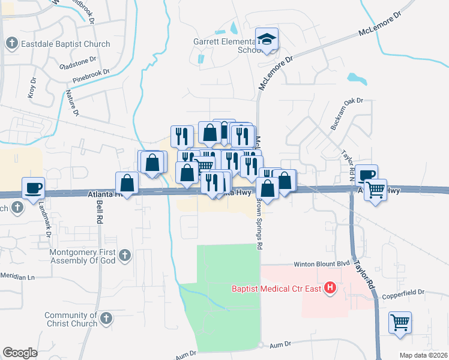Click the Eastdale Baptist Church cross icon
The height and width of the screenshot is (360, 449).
(11, 43)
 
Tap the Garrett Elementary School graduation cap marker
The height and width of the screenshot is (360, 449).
(266, 40)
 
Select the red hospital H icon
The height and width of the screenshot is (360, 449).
(329, 289)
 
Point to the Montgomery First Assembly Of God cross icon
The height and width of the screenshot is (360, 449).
(124, 255)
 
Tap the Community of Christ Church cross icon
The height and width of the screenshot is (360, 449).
(106, 317)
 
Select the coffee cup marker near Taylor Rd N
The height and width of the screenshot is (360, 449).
(366, 175)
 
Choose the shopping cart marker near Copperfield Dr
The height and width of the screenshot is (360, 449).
(400, 322)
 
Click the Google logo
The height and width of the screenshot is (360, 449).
(20, 353)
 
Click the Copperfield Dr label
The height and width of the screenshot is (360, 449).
(403, 292)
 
